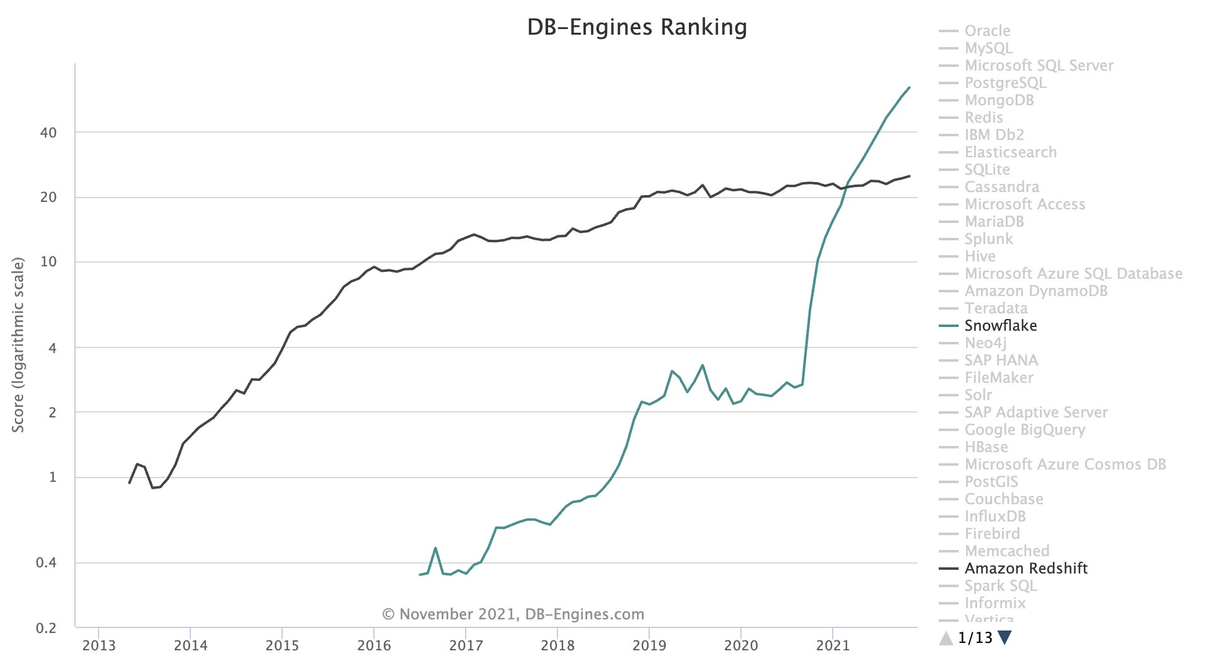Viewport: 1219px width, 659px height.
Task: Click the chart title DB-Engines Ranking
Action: [637, 27]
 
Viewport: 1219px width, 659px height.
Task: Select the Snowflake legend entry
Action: [1000, 326]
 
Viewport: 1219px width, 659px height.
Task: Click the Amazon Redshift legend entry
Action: [1026, 569]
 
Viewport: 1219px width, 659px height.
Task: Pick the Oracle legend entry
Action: [987, 31]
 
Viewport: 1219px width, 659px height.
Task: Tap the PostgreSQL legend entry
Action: [1005, 83]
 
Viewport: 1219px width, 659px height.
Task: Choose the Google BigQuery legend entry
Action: [1024, 430]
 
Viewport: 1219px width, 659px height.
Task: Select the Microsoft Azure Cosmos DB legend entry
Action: [1065, 465]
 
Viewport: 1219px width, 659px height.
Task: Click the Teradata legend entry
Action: [996, 308]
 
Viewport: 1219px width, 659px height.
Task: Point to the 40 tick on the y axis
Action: [48, 133]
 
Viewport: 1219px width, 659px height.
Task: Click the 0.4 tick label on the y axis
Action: [47, 563]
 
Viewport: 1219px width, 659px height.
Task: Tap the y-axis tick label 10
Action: [48, 262]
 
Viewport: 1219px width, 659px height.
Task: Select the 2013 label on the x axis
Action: [99, 645]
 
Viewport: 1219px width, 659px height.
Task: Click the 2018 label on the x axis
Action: [557, 645]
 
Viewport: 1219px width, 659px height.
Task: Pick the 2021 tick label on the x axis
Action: [833, 645]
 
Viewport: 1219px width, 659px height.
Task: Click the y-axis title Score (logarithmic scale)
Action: [18, 344]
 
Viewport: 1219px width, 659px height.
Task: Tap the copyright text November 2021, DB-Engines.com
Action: [513, 614]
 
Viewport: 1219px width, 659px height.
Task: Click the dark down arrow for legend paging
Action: [1005, 637]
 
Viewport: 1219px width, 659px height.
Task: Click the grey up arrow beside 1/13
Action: [946, 637]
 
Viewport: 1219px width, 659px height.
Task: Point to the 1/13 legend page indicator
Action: [975, 637]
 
